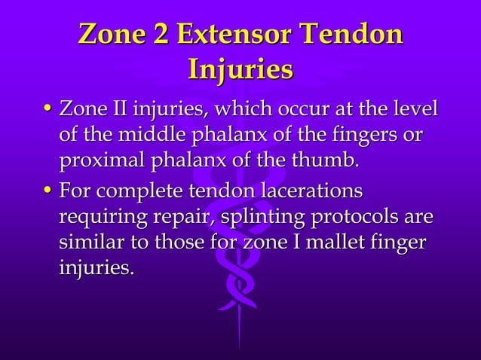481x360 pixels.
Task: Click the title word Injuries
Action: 240,70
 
